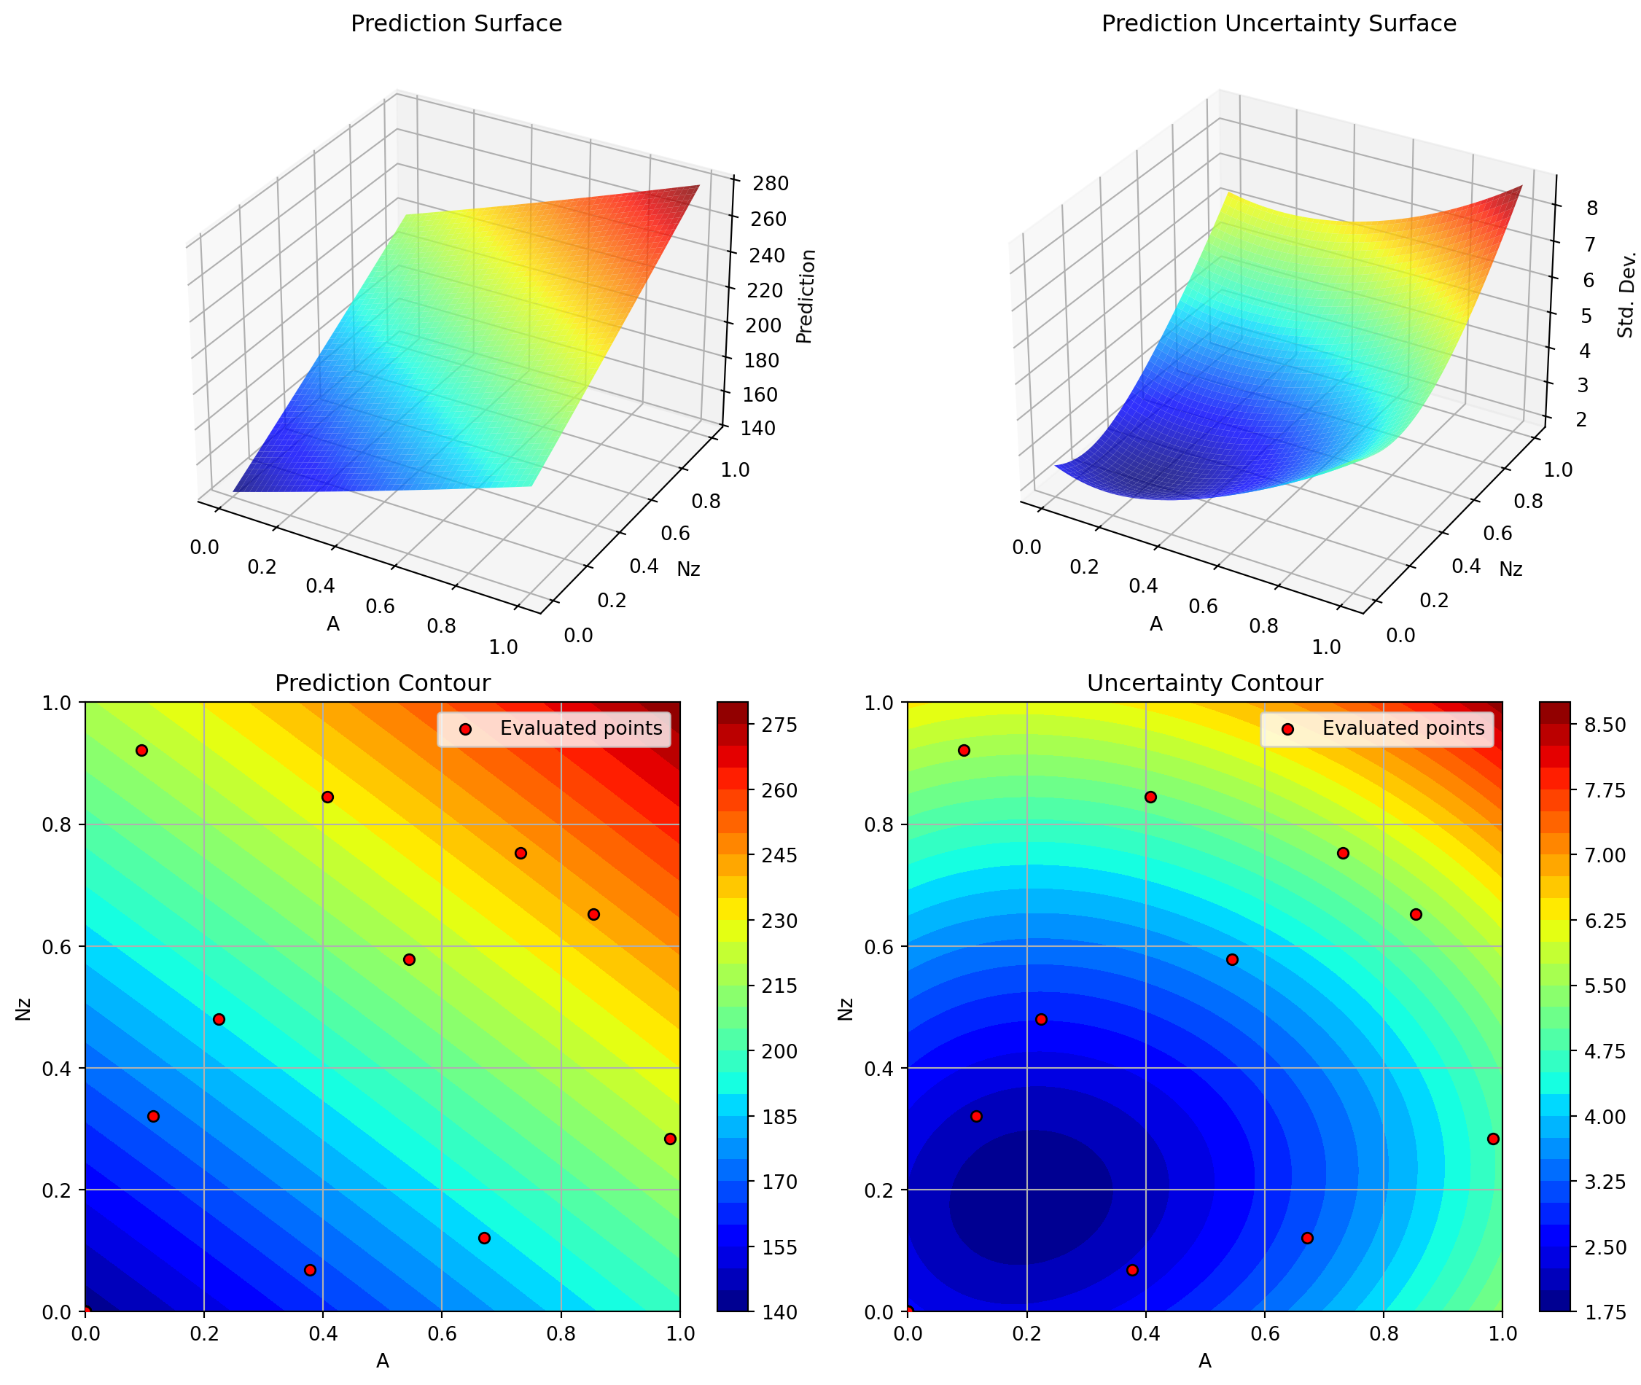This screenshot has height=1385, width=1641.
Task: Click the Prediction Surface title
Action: click(x=456, y=23)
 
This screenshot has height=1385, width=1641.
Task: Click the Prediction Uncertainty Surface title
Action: click(x=1278, y=23)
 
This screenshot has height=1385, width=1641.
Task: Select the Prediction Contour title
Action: click(x=383, y=683)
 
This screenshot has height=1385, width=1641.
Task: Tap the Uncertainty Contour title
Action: click(x=1204, y=683)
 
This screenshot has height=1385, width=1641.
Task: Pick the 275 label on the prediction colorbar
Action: click(x=781, y=725)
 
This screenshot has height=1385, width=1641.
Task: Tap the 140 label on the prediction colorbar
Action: click(x=781, y=1312)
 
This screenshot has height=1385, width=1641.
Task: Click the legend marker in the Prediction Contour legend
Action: click(x=465, y=730)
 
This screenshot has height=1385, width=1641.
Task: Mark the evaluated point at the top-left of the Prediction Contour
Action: click(x=141, y=751)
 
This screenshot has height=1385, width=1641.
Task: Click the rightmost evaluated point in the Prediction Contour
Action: click(x=670, y=1139)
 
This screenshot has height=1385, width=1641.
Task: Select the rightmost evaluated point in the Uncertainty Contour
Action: click(x=1492, y=1139)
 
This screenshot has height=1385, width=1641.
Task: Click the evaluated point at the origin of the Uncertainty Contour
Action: click(x=908, y=1311)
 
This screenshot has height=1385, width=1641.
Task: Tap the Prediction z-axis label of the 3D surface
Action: click(x=806, y=297)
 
